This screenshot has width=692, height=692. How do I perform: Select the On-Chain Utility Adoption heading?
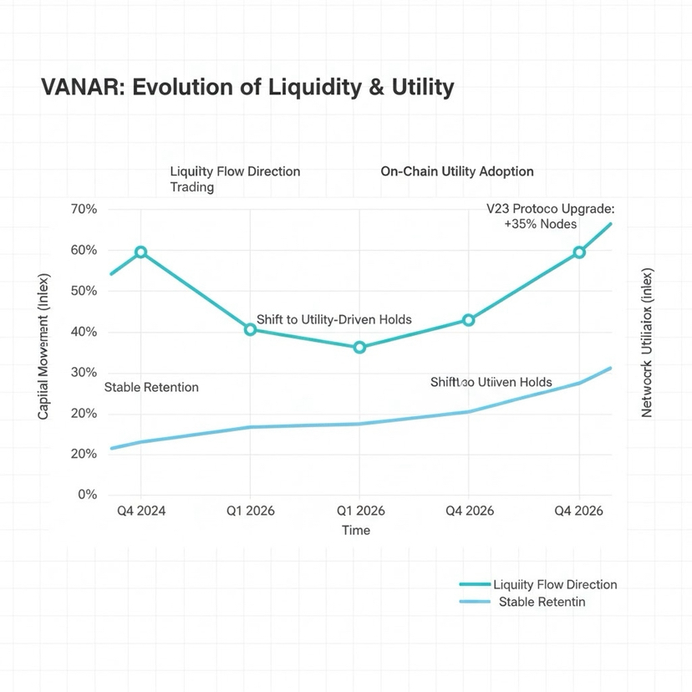pyautogui.click(x=456, y=171)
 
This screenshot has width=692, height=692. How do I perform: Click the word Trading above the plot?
pyautogui.click(x=191, y=187)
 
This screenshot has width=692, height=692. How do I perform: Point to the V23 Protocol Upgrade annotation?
pyautogui.click(x=549, y=208)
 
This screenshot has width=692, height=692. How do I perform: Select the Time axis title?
pyautogui.click(x=356, y=530)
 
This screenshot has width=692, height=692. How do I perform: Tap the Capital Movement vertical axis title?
pyautogui.click(x=44, y=346)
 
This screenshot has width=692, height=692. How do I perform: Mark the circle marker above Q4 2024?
pyautogui.click(x=140, y=252)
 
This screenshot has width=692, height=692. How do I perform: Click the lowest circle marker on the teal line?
pyautogui.click(x=359, y=347)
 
